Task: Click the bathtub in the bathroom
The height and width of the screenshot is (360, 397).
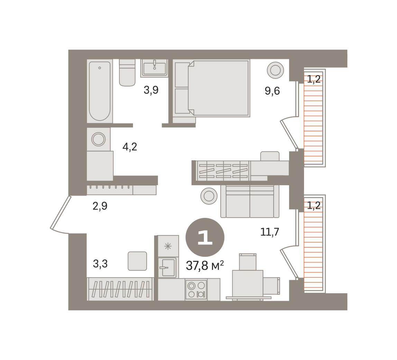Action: [x=100, y=91]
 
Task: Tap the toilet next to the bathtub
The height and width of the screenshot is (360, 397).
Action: [x=127, y=73]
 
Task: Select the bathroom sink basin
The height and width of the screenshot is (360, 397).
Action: [x=155, y=68]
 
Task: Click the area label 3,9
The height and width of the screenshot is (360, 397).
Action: [x=151, y=90]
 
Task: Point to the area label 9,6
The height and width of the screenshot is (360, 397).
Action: [x=272, y=91]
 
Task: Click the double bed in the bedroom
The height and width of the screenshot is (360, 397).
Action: [x=211, y=88]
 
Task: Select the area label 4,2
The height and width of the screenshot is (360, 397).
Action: [x=130, y=147]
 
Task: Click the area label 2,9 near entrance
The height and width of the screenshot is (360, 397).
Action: [x=100, y=206]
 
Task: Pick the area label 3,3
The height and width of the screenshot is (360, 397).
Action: [x=100, y=264]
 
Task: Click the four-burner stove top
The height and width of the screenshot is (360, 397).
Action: [x=196, y=290]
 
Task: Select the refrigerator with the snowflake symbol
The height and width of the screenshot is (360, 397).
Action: [x=168, y=246]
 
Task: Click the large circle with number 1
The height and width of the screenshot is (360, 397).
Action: [x=205, y=237]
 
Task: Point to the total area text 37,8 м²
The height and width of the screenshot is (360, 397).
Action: [x=205, y=265]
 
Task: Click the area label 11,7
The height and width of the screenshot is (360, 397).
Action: [x=270, y=232]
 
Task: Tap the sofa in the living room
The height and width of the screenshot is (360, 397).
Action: [x=250, y=201]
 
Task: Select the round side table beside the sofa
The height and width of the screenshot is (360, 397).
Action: [x=209, y=196]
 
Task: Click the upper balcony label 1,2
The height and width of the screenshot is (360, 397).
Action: [x=314, y=79]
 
